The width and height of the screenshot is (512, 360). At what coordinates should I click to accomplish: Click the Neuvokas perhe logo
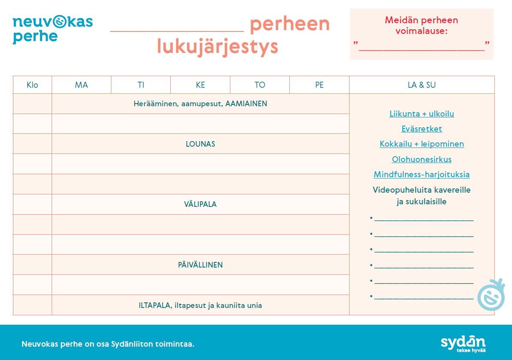pos(52,29)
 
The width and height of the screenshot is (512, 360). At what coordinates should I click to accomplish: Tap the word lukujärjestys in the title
pos(218,46)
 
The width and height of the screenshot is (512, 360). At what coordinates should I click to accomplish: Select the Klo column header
pos(32,85)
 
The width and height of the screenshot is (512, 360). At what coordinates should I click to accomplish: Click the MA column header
pos(81,85)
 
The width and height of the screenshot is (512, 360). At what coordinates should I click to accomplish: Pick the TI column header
pos(141,85)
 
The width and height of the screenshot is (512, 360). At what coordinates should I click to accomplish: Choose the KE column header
pos(200,85)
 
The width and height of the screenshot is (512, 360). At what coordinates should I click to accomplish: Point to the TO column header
pos(260,85)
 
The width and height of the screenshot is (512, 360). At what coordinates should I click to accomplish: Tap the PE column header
pos(319,85)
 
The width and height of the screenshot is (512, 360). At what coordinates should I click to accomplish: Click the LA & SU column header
pos(422,85)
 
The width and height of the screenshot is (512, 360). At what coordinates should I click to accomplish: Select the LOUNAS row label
pos(200,144)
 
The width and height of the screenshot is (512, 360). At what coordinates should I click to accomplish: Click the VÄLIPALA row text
pos(200,204)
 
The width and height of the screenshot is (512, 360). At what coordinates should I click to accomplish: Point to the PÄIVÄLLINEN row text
pos(200,265)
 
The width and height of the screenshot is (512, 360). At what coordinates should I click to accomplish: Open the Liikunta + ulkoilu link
pos(422,114)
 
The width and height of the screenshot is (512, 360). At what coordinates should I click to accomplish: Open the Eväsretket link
pos(422,129)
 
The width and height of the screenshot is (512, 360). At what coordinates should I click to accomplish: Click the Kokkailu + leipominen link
pos(422,144)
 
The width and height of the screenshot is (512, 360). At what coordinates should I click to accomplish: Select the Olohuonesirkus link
pos(422,160)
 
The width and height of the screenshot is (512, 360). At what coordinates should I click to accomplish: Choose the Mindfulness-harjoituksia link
pos(422,175)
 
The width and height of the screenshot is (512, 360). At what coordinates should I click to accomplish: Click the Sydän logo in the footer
pos(463,343)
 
